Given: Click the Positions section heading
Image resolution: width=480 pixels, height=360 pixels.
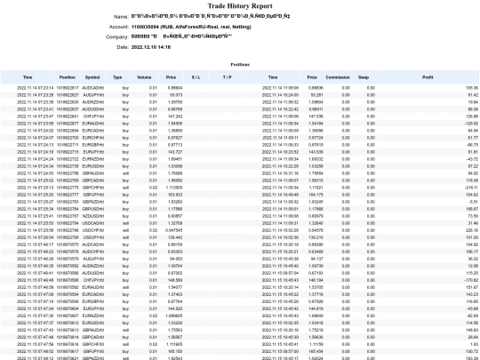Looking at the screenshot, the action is pos(239,65).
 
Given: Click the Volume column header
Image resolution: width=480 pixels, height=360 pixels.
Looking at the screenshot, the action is pos(154,77).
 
